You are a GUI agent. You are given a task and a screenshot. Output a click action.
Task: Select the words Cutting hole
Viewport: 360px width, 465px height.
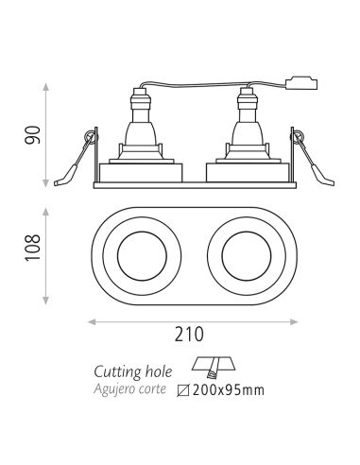tap(132, 370)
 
